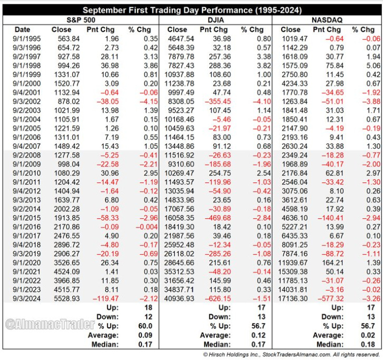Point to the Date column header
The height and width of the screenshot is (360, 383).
pos(23,30)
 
